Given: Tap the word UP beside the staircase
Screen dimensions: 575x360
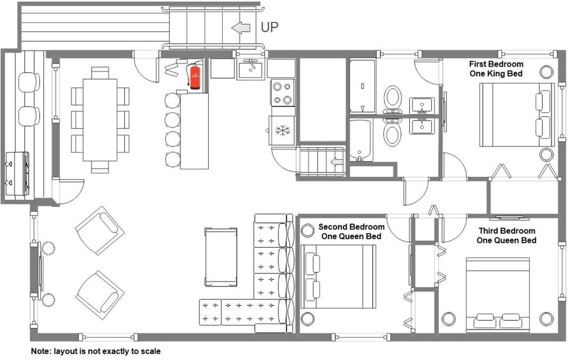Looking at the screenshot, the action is tap(269, 27).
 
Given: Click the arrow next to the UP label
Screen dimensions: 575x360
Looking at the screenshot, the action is tap(241, 28).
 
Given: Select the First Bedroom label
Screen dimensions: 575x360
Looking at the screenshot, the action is tap(496, 69).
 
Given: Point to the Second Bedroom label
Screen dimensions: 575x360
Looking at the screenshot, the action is tap(351, 232).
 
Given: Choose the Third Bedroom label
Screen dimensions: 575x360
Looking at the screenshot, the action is tap(506, 235).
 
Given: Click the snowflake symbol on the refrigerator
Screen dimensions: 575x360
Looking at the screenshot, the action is tap(282, 130).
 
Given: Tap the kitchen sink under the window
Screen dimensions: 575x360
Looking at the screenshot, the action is tap(250, 70).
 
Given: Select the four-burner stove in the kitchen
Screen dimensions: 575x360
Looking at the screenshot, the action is tap(282, 93).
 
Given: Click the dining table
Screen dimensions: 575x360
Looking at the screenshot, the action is tap(100, 120).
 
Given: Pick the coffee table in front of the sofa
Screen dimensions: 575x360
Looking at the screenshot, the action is tap(220, 257).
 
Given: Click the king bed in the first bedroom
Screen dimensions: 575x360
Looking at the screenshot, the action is tap(516, 115).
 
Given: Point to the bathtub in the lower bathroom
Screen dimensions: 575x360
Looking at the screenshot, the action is tap(361, 140).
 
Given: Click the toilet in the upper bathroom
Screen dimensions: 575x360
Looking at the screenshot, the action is tap(393, 100).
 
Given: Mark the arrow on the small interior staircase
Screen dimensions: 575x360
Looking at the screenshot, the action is tap(336, 162).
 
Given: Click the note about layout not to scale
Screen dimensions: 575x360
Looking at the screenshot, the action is tap(96, 351).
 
